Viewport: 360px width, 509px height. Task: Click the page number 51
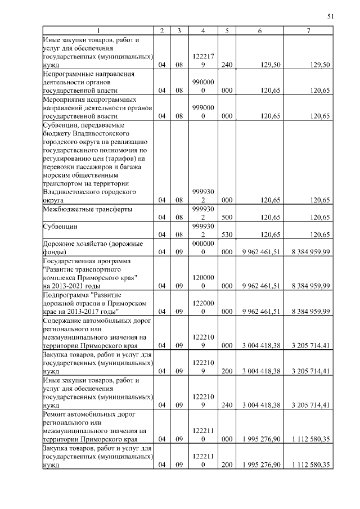[x=330, y=17]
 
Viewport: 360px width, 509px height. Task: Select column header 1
[x=98, y=30]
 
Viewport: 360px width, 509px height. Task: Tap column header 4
[x=202, y=30]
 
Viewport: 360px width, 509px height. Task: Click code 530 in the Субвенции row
[x=227, y=233]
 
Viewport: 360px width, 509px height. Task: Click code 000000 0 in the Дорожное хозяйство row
[x=202, y=247]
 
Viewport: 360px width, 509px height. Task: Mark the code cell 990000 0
[x=202, y=86]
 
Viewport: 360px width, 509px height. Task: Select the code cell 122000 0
[x=202, y=307]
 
